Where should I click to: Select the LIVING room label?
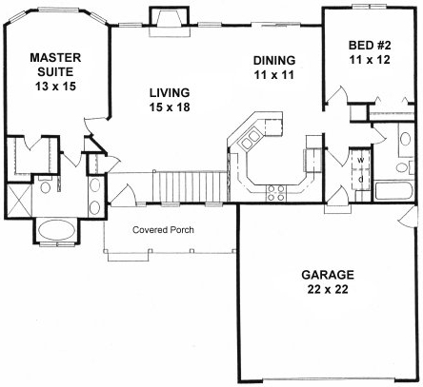coord(170,91)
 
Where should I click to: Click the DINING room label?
coord(274,61)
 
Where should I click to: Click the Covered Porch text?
coord(164,229)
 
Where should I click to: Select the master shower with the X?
coord(19,201)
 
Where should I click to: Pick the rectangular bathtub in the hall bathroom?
coord(393,191)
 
